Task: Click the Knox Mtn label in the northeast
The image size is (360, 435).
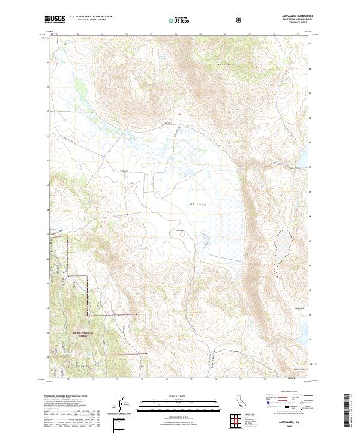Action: coord(225,63)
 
